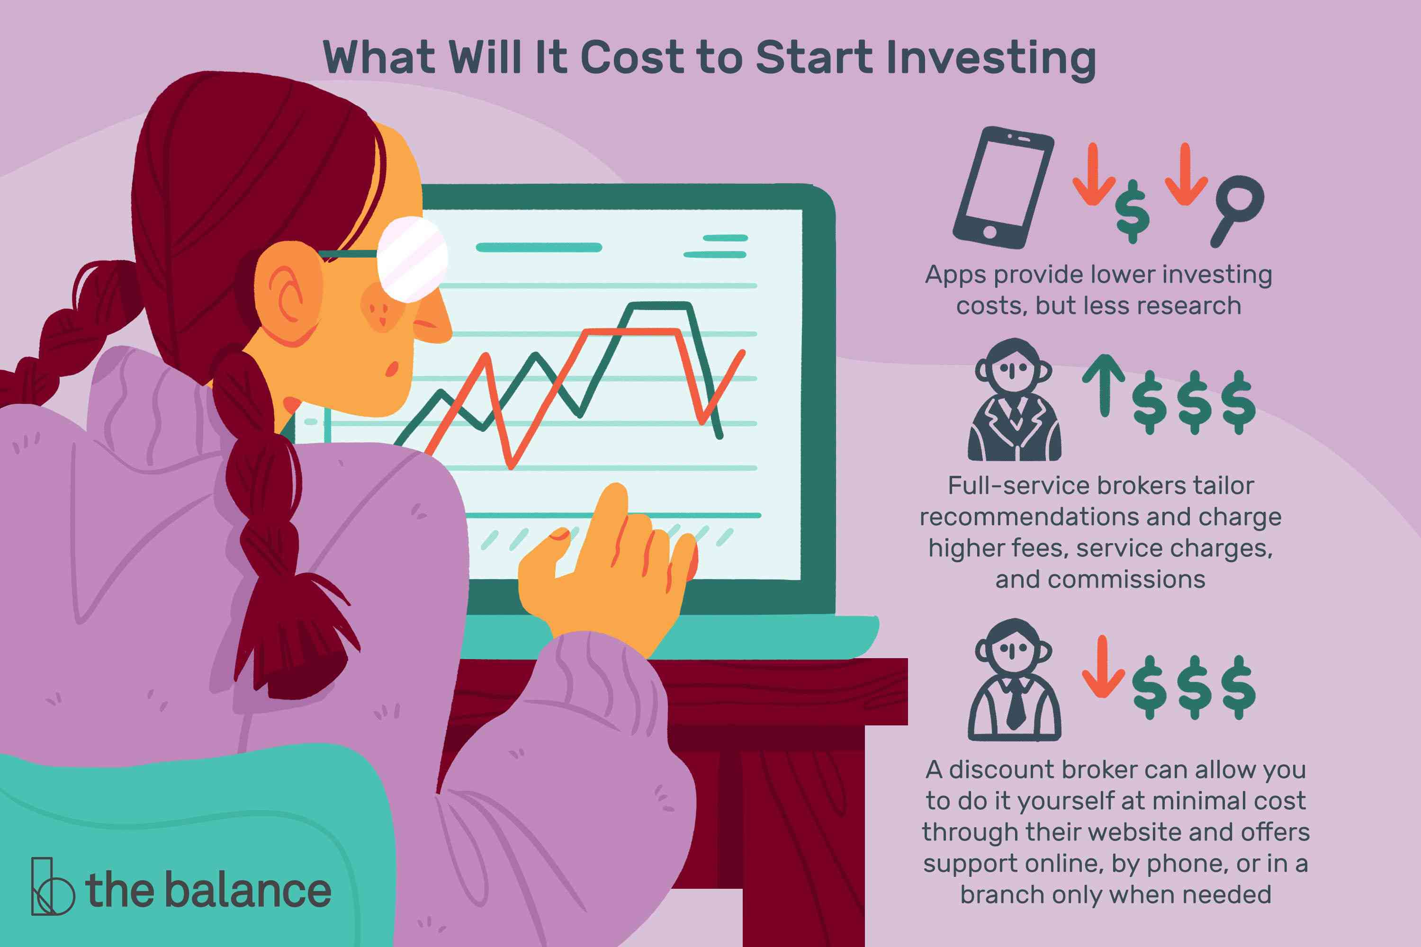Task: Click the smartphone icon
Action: click(1003, 188)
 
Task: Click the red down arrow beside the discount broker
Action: click(1103, 667)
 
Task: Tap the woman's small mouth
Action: click(392, 368)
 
